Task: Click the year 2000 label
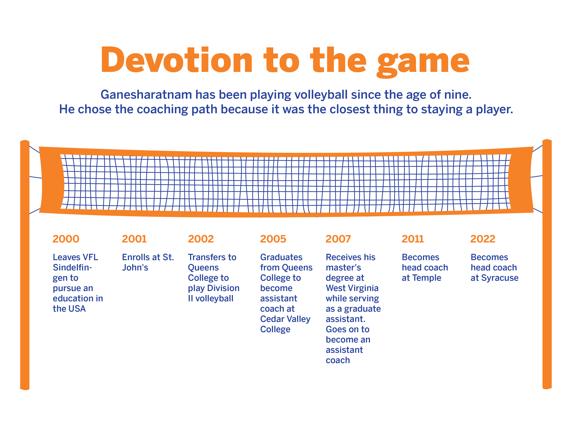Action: click(66, 239)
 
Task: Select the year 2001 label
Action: click(134, 239)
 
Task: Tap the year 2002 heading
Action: click(201, 239)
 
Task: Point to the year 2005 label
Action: click(273, 239)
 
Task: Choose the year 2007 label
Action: click(338, 239)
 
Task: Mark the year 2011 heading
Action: click(413, 239)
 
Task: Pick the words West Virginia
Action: click(352, 288)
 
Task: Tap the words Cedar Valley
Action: click(285, 319)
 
